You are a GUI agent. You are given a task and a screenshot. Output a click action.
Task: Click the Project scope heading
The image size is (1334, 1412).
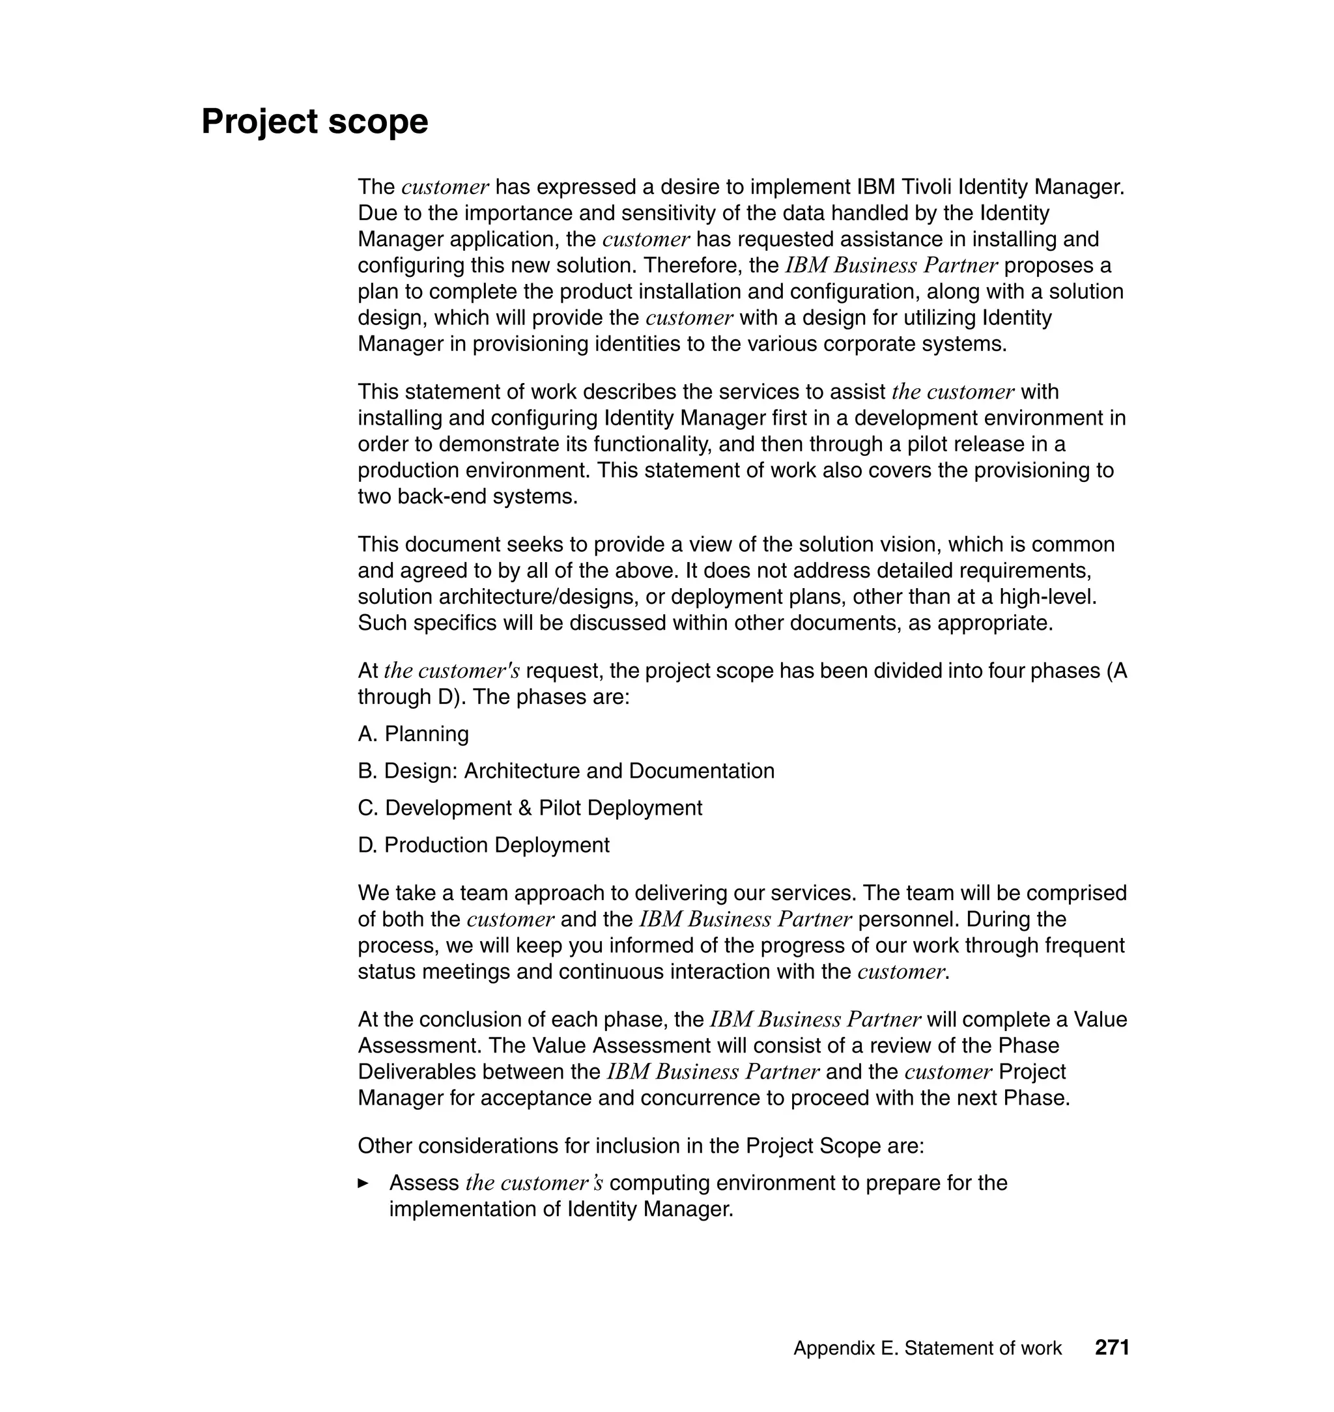[x=315, y=122]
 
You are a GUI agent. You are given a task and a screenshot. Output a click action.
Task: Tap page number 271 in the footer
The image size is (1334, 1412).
[x=1112, y=1348]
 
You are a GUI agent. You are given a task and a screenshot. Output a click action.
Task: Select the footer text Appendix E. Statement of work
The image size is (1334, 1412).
[x=928, y=1348]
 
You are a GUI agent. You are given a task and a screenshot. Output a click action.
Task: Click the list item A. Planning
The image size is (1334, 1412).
[x=413, y=734]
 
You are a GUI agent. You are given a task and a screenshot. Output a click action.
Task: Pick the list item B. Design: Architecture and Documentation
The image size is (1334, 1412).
[x=566, y=770]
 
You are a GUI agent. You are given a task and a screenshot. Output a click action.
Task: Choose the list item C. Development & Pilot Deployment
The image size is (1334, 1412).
[x=530, y=808]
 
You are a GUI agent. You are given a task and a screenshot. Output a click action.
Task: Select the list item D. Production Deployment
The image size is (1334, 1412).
[x=483, y=845]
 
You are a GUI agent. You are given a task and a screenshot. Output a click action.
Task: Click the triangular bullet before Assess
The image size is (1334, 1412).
[x=363, y=1183]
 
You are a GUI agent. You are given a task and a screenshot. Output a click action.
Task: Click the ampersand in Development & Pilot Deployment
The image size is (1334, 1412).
[x=525, y=808]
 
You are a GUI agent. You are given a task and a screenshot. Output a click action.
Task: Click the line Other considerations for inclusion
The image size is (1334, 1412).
[x=641, y=1146]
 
